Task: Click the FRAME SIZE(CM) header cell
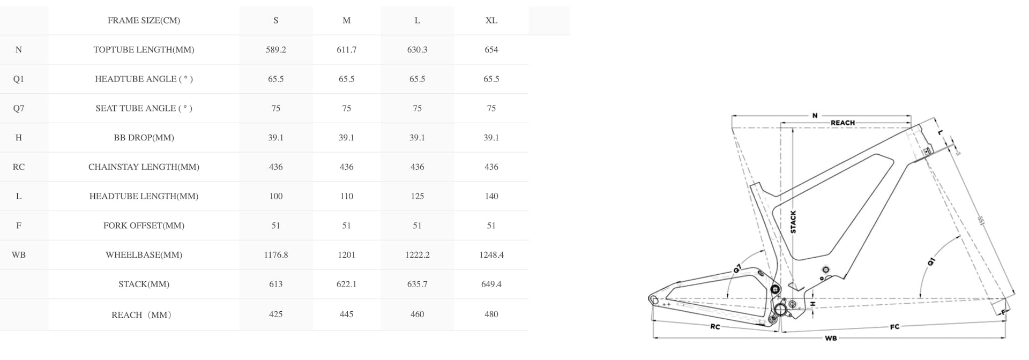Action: point(144,20)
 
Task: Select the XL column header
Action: point(491,20)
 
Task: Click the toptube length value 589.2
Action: point(275,50)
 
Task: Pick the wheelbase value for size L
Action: point(417,255)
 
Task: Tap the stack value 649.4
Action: point(491,284)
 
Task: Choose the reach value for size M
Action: point(346,314)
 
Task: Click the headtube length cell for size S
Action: point(275,197)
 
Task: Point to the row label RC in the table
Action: point(19,167)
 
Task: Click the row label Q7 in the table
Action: point(19,108)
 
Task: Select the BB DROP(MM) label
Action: point(144,138)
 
